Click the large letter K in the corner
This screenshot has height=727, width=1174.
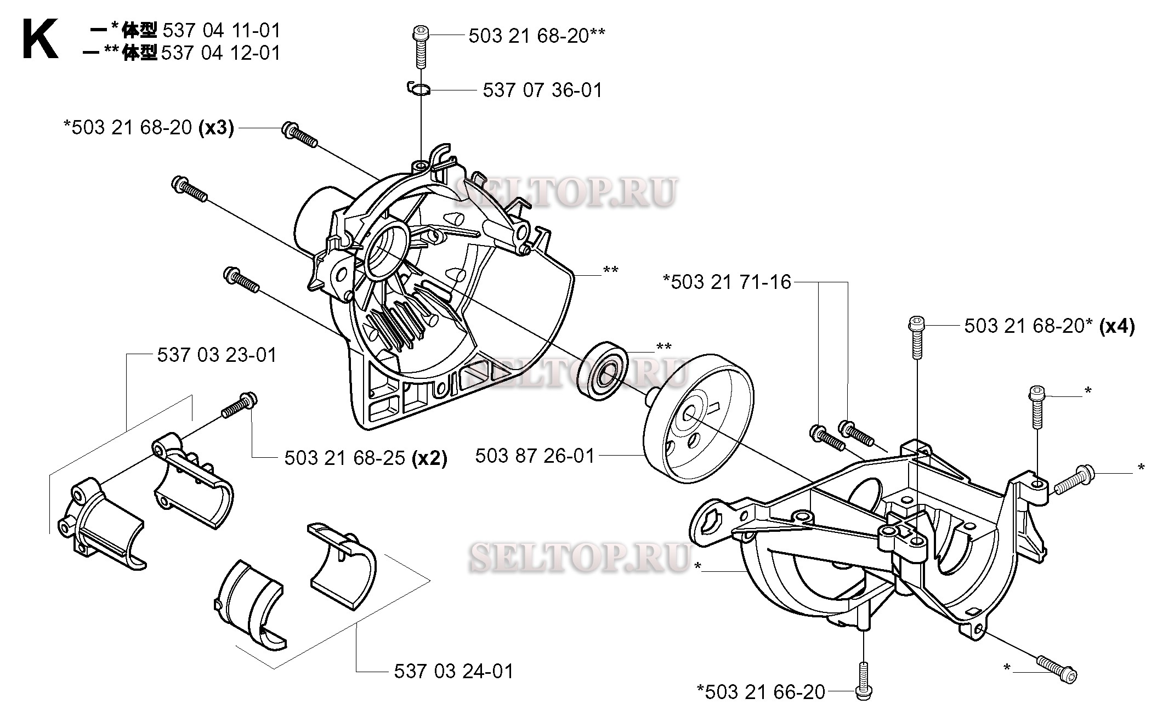(x=39, y=39)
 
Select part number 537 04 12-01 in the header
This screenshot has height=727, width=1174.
(x=220, y=53)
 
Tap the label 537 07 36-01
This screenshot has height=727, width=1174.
(x=542, y=90)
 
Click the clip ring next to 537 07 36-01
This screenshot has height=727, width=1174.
(x=420, y=89)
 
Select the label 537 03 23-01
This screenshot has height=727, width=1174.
(x=217, y=355)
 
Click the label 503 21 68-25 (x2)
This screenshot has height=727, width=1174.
(x=365, y=458)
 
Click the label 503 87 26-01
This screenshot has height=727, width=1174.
(x=535, y=456)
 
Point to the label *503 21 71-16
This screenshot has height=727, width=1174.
(x=727, y=282)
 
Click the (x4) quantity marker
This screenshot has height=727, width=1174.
(x=1117, y=326)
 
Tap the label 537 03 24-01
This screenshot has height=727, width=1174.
(x=453, y=671)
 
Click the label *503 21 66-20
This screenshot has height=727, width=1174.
(x=761, y=692)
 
